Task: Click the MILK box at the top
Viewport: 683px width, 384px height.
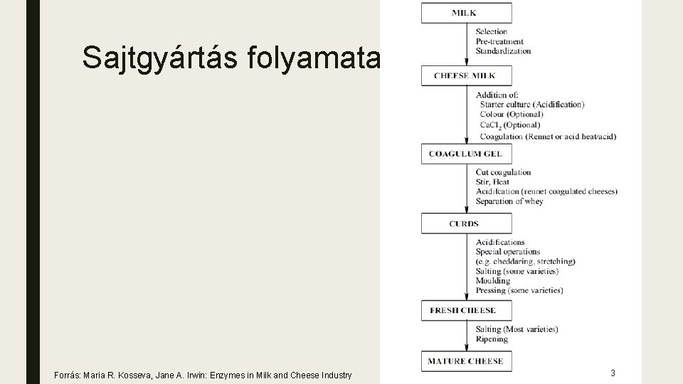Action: pyautogui.click(x=466, y=13)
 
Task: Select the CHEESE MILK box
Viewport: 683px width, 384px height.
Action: pyautogui.click(x=466, y=75)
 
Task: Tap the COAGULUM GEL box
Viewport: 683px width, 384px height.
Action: pyautogui.click(x=466, y=154)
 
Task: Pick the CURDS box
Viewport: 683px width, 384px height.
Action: pyautogui.click(x=466, y=224)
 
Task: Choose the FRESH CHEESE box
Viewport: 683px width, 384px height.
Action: pyautogui.click(x=466, y=311)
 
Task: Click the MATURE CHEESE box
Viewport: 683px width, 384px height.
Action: pyautogui.click(x=466, y=361)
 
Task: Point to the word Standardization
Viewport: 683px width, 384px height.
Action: pyautogui.click(x=504, y=51)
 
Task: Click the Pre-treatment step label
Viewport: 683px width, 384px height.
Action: pyautogui.click(x=499, y=41)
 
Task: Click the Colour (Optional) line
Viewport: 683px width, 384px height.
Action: pyautogui.click(x=512, y=114)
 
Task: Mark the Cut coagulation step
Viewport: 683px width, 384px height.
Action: pyautogui.click(x=504, y=172)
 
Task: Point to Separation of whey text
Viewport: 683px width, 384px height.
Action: pyautogui.click(x=509, y=201)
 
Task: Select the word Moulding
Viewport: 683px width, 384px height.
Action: pyautogui.click(x=493, y=281)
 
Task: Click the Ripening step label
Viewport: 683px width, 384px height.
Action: pyautogui.click(x=492, y=339)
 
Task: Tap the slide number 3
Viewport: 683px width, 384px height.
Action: pyautogui.click(x=613, y=373)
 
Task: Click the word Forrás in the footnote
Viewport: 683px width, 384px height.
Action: pyautogui.click(x=67, y=375)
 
